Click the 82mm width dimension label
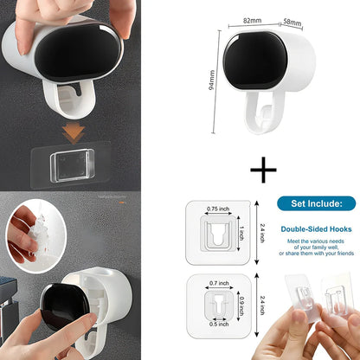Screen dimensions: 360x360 click(x=253, y=19)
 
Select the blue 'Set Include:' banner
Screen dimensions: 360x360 click(x=315, y=203)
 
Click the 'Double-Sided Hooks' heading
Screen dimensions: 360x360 click(x=315, y=229)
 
